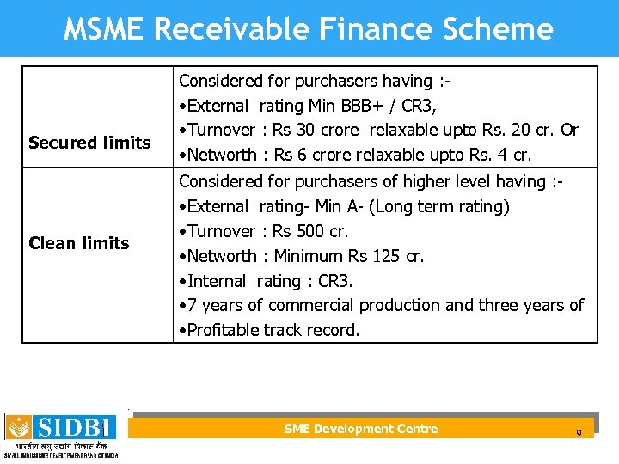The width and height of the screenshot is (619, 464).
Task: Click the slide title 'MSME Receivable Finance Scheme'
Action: click(x=309, y=29)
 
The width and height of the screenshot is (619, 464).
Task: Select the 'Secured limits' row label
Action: click(x=89, y=143)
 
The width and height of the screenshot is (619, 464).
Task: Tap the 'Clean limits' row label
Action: click(x=78, y=243)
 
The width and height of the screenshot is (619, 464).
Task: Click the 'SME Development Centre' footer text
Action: click(x=360, y=429)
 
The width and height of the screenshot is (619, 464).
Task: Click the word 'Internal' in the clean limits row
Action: click(x=218, y=281)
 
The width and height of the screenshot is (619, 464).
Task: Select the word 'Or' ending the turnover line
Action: click(x=568, y=131)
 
